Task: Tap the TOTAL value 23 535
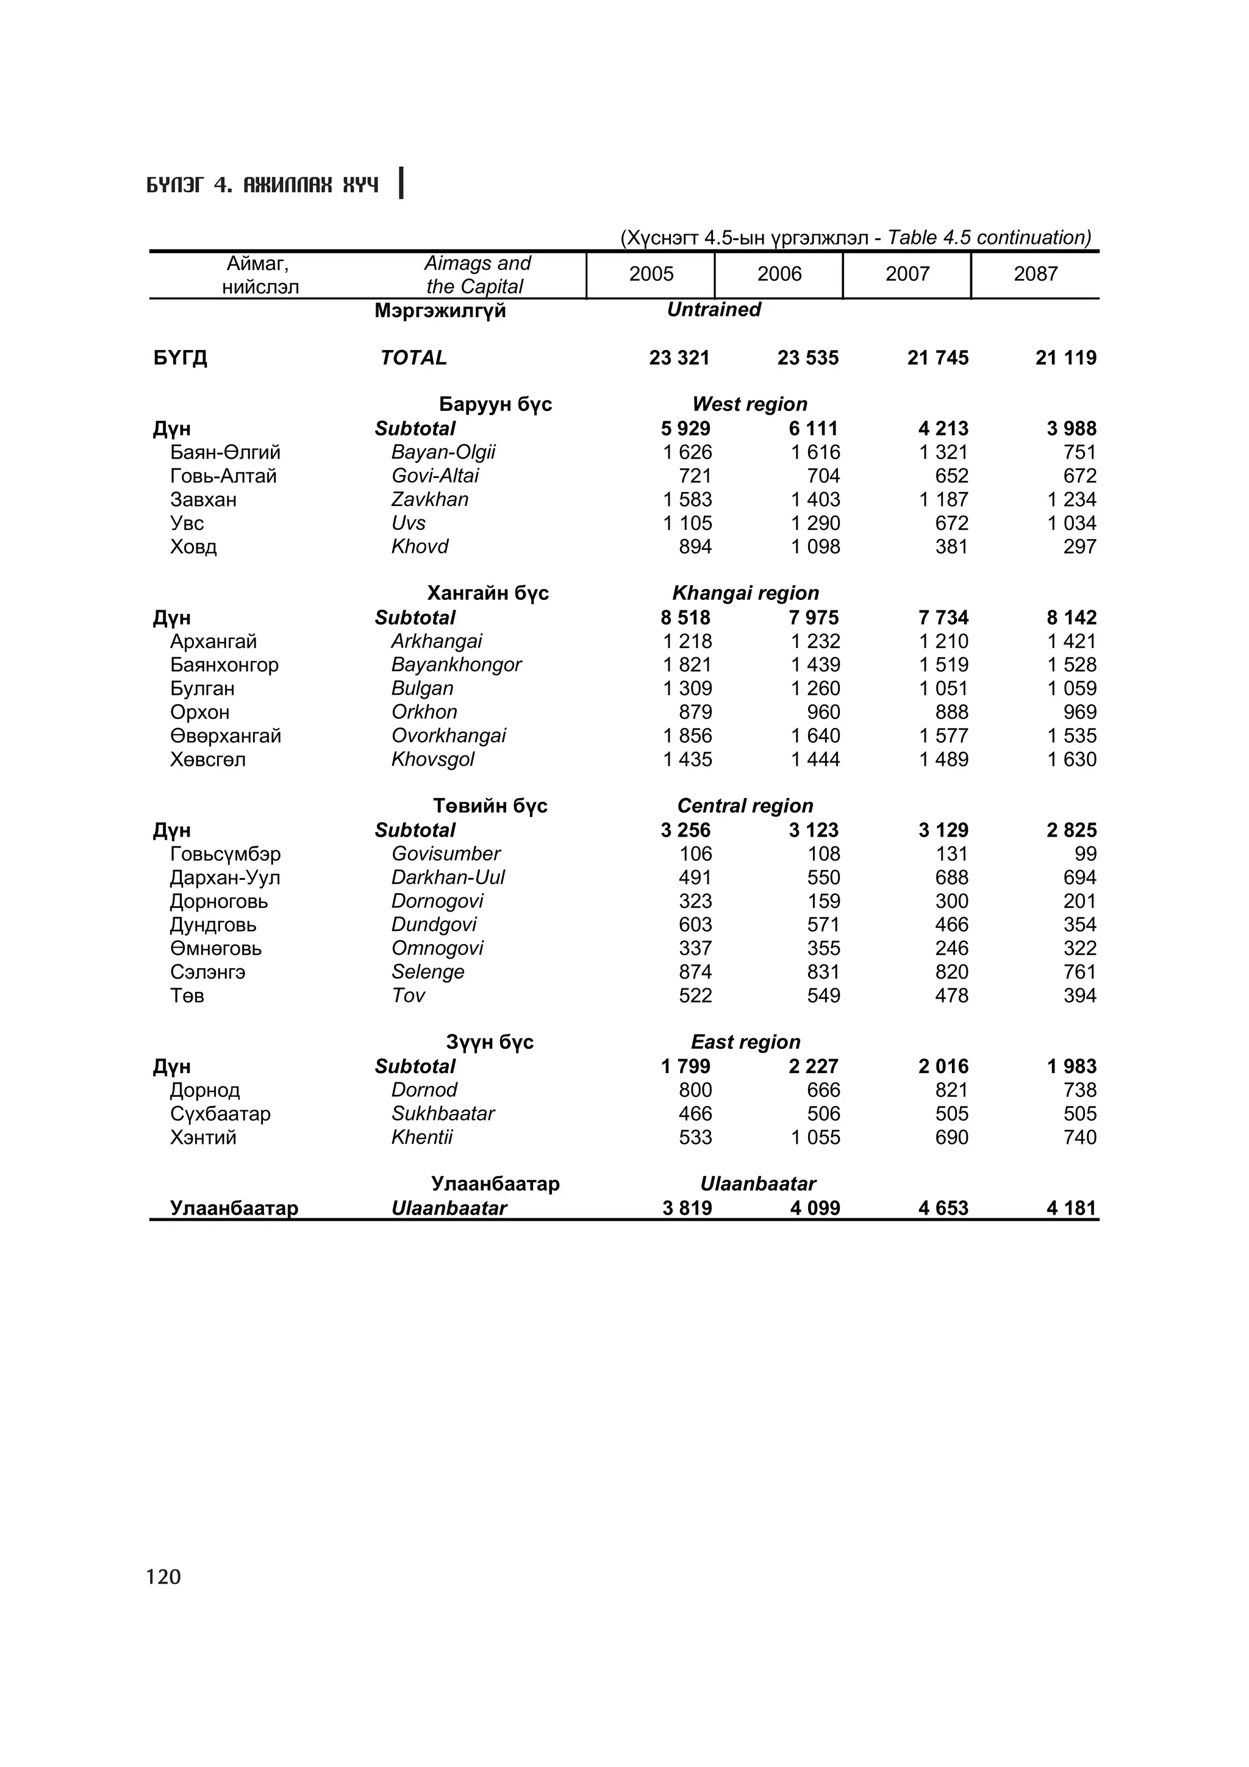click(807, 358)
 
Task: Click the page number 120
click(163, 1577)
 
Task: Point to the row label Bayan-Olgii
click(443, 452)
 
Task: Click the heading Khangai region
click(745, 593)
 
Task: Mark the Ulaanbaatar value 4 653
click(943, 1208)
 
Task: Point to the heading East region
click(745, 1042)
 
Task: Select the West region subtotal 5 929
click(685, 429)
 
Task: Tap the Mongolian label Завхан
click(203, 500)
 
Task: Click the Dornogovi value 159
click(823, 901)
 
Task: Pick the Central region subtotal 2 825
click(1072, 830)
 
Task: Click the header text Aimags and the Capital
click(476, 275)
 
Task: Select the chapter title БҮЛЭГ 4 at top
click(262, 185)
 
